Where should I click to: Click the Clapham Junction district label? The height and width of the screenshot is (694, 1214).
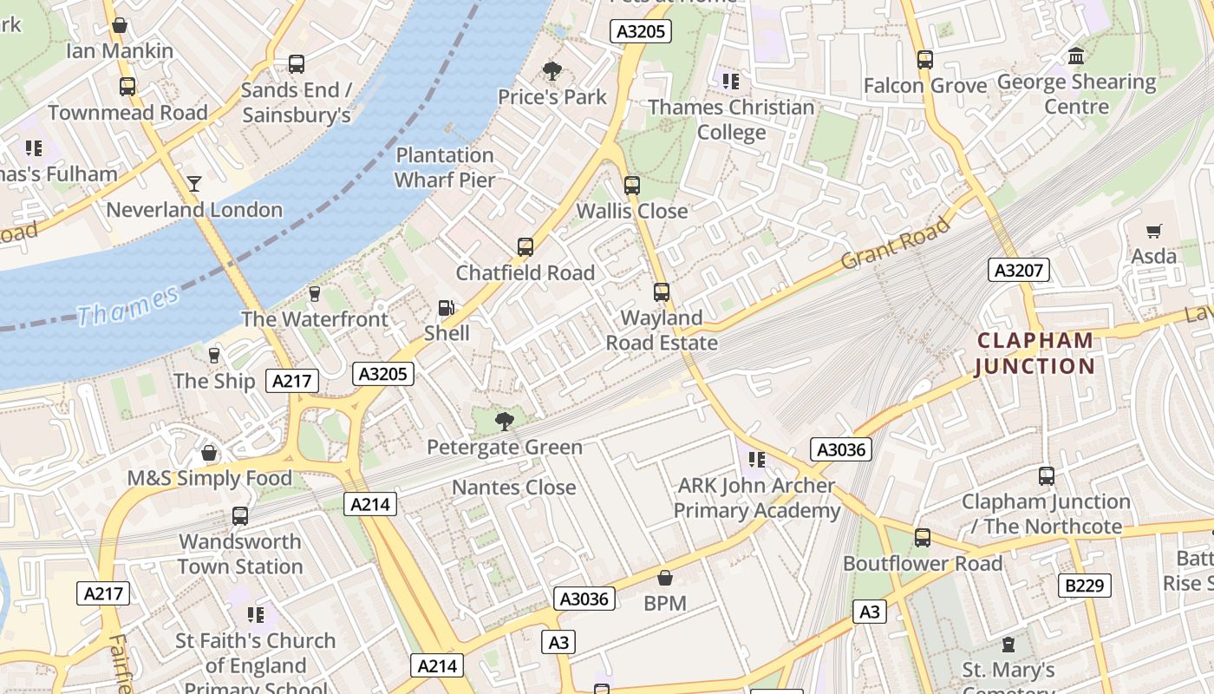click(x=1035, y=353)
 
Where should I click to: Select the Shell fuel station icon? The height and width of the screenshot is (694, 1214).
click(x=446, y=308)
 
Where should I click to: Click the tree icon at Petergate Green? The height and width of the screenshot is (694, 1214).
click(x=504, y=422)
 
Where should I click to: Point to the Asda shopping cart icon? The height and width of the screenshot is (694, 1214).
click(x=1153, y=231)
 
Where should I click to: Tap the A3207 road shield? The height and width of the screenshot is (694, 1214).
click(x=1018, y=270)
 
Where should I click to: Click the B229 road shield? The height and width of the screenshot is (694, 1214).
click(x=1085, y=586)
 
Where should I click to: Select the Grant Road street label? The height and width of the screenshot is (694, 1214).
click(x=896, y=244)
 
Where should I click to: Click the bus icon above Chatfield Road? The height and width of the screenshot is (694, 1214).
click(x=525, y=247)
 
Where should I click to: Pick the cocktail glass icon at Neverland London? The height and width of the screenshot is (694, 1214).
click(x=194, y=184)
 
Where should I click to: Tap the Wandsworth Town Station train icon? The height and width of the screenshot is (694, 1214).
click(x=240, y=516)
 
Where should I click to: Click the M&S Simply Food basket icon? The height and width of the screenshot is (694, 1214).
click(x=209, y=453)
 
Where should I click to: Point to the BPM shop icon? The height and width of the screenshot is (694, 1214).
click(x=665, y=578)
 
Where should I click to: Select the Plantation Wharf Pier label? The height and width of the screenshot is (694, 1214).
click(x=445, y=167)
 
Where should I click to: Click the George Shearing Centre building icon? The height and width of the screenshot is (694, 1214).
click(x=1076, y=56)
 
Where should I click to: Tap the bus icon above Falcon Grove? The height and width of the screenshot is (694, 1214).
click(x=925, y=60)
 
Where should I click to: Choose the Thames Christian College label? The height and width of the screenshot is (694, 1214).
click(x=731, y=120)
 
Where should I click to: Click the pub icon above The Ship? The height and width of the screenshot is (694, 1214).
click(x=214, y=356)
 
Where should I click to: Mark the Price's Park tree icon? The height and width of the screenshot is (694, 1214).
click(x=552, y=71)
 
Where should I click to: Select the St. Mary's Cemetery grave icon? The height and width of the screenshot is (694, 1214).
click(x=1008, y=645)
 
